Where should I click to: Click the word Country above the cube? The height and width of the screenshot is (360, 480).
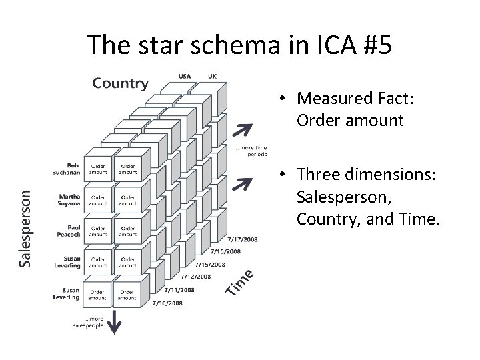point(120,83)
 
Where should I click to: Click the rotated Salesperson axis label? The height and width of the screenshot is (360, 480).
point(24,227)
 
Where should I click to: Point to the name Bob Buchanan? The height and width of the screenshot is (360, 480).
point(67,169)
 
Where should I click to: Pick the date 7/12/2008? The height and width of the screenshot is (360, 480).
point(195,277)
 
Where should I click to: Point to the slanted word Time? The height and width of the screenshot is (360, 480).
point(239,281)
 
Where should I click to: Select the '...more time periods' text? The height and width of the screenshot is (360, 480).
point(251,151)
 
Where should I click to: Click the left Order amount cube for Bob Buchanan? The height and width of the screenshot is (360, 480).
point(98,169)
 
